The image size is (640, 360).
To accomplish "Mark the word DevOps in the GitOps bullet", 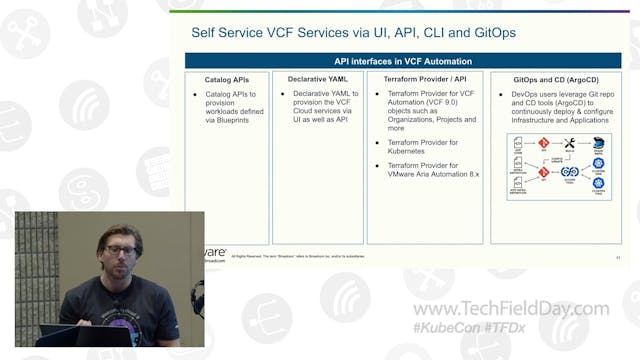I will coord(527,92).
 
